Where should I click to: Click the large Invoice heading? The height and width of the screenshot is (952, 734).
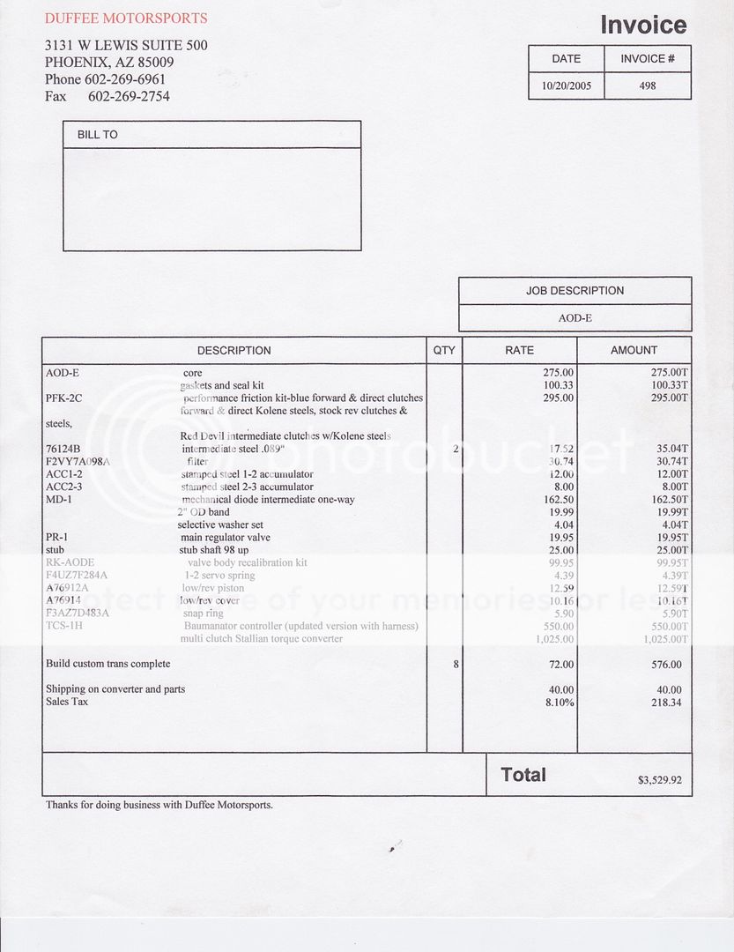(643, 25)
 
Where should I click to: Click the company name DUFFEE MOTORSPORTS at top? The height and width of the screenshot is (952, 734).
(126, 18)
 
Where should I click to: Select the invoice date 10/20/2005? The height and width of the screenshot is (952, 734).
(566, 86)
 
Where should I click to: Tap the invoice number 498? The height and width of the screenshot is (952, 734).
(647, 86)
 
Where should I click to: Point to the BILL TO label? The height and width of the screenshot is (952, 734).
(97, 135)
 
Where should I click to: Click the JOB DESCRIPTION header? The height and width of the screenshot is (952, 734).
(575, 291)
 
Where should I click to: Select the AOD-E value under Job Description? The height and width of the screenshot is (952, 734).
(575, 317)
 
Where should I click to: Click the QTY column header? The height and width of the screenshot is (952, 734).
(445, 350)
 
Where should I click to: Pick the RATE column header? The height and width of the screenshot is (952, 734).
(519, 350)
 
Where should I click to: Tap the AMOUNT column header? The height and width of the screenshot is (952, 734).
(634, 350)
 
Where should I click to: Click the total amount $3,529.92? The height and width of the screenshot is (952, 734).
(659, 780)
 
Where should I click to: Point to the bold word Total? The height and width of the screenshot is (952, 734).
(523, 775)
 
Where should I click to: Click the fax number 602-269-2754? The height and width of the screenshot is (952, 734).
(129, 96)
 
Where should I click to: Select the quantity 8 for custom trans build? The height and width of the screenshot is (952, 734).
(456, 664)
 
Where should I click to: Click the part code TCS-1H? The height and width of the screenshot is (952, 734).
(65, 626)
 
